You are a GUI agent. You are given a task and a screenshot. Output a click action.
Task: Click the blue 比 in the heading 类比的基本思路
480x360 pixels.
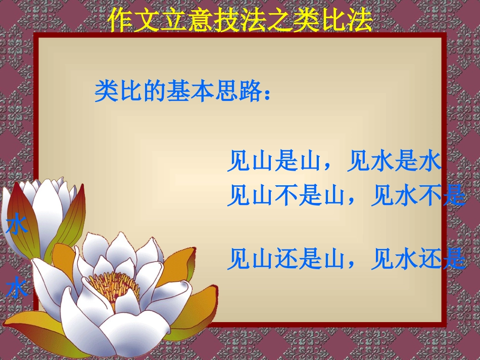pyautogui.click(x=131, y=91)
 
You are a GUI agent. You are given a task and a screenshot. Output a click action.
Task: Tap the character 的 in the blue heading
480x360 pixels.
pyautogui.click(x=155, y=91)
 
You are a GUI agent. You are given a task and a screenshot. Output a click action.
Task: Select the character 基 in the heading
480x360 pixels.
pyautogui.click(x=179, y=91)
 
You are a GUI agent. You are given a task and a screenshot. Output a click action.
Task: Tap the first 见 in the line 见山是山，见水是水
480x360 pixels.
pyautogui.click(x=238, y=162)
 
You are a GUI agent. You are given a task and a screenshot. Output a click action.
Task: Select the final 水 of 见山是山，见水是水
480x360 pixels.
pyautogui.click(x=430, y=162)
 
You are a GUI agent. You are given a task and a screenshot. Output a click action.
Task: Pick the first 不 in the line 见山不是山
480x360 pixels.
pyautogui.click(x=286, y=195)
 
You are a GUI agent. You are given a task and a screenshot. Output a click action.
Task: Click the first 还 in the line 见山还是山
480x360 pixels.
pyautogui.click(x=286, y=260)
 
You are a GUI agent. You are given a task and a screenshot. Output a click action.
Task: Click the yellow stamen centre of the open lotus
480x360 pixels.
pyautogui.click(x=114, y=286)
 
